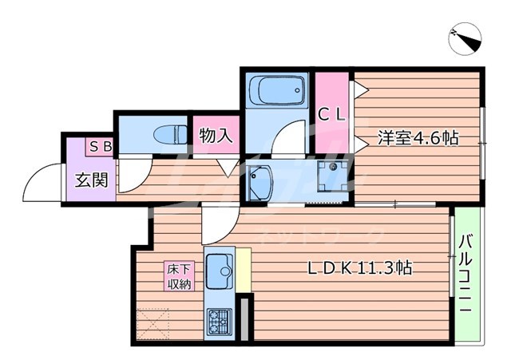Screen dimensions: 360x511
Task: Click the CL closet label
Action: click(x=332, y=114)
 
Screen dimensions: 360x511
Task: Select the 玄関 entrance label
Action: click(x=92, y=180)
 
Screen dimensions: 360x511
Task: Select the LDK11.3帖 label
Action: click(x=359, y=269)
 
